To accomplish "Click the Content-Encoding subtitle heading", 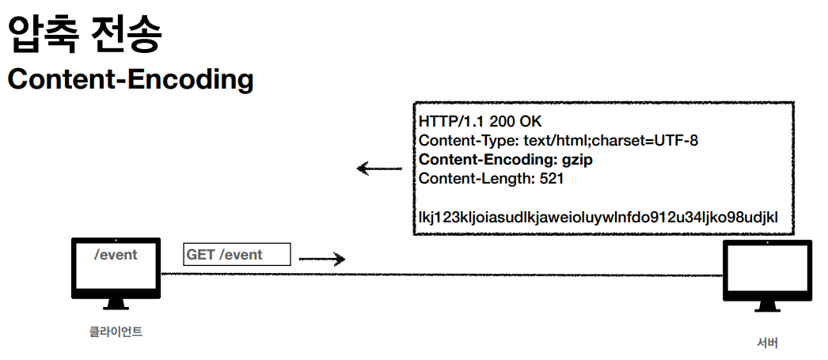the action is (x=131, y=79).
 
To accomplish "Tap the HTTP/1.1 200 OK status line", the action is (x=480, y=122).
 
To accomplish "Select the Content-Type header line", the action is (x=558, y=141).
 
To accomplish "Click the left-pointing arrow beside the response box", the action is (x=378, y=169).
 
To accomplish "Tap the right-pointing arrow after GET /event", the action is (x=322, y=259).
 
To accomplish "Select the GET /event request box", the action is (x=237, y=254).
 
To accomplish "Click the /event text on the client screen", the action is (x=116, y=255).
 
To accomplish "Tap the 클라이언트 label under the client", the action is (x=116, y=332).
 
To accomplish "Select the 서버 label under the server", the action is (x=767, y=343).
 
